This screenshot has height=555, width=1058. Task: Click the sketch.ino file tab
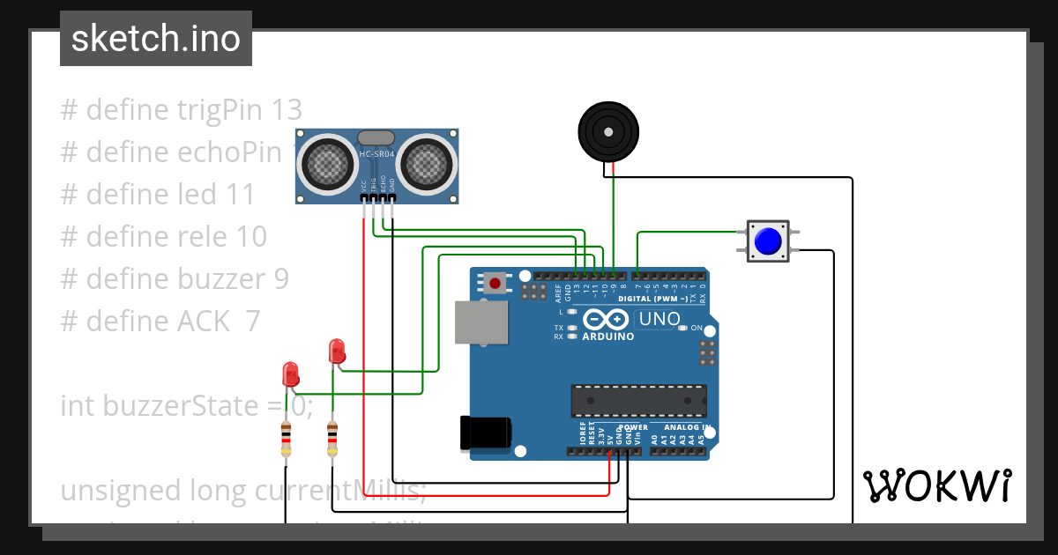click(156, 39)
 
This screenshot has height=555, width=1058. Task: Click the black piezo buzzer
click(607, 131)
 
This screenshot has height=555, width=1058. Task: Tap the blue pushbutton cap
click(769, 240)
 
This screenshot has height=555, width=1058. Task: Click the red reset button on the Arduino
click(495, 284)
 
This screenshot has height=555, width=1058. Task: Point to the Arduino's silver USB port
click(481, 322)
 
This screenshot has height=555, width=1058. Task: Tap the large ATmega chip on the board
click(638, 400)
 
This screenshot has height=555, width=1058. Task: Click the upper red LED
click(336, 351)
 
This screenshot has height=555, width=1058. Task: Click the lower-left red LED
click(290, 374)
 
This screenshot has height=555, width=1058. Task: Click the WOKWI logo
click(936, 485)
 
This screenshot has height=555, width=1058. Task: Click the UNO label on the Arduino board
click(659, 319)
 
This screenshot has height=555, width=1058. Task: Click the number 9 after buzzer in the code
click(280, 279)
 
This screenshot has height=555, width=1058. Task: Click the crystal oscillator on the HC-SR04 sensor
click(376, 137)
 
